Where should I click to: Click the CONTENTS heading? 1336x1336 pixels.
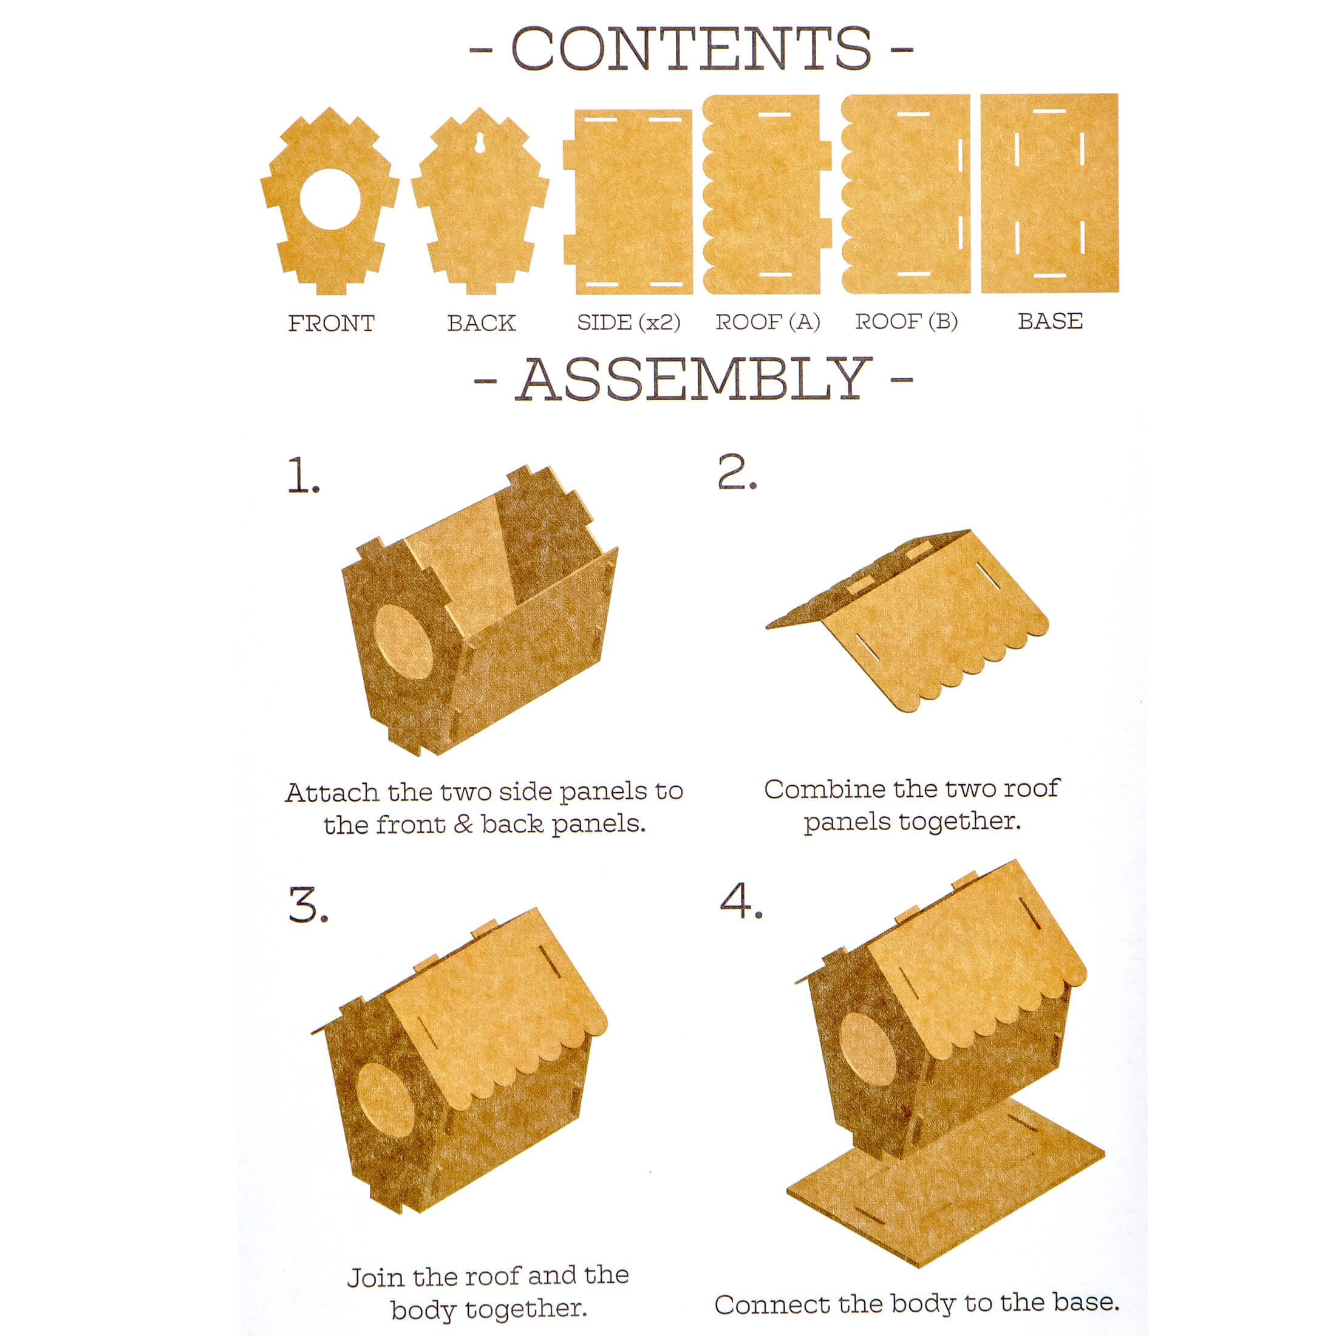click(691, 49)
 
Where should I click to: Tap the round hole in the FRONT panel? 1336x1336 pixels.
click(330, 199)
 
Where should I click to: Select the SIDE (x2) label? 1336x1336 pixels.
click(629, 322)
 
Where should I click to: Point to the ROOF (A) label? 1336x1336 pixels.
click(768, 322)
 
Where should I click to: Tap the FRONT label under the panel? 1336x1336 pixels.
click(331, 323)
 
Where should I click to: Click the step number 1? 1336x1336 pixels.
click(304, 475)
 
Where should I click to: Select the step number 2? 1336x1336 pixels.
click(737, 473)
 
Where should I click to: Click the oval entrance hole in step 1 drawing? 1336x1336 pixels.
click(403, 641)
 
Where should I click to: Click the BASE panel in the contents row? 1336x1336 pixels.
click(1049, 194)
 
